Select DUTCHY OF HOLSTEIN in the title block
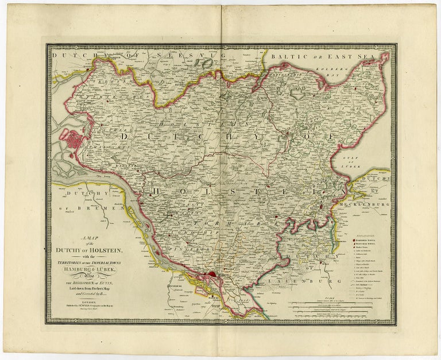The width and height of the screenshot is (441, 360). click(x=86, y=252)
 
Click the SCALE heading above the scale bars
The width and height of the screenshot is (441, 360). click(x=327, y=297)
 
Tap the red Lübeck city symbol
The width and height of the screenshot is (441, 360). click(x=323, y=206)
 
